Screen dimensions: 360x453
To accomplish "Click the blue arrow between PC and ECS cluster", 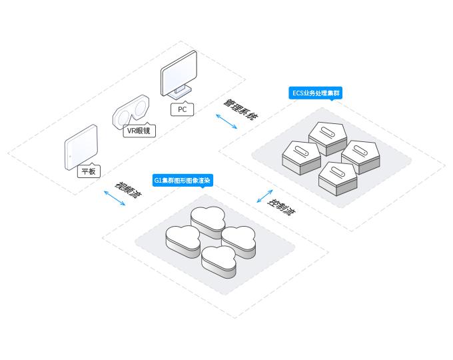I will (227, 122).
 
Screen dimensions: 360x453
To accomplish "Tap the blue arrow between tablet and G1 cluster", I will (114, 198).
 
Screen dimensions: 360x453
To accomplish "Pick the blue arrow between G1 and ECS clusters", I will (264, 197).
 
